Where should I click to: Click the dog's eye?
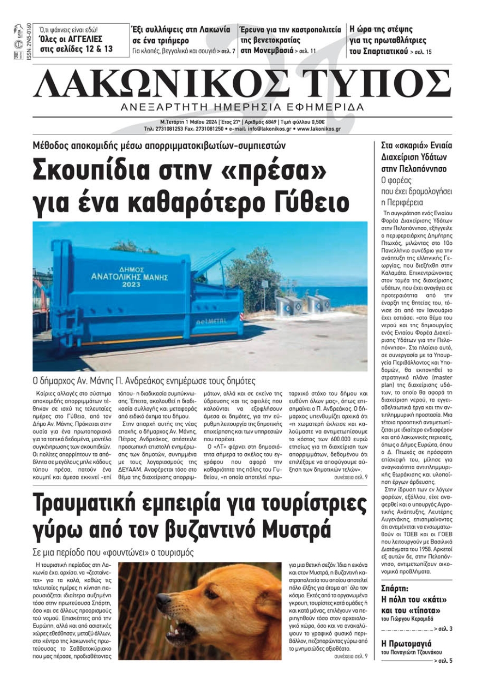(x=202, y=588)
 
